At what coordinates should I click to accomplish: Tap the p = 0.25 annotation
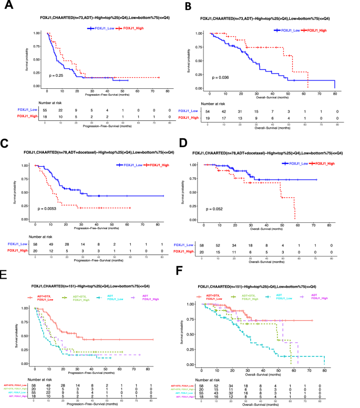point(58,76)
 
